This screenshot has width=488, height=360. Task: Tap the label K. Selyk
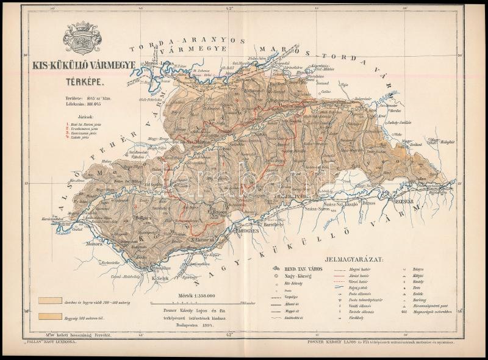(159, 279)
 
